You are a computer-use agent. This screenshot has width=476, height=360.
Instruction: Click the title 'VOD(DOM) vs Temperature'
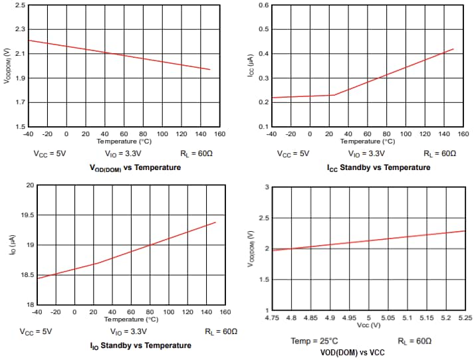pos(135,167)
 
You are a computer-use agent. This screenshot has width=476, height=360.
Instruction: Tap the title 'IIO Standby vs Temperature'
pos(140,345)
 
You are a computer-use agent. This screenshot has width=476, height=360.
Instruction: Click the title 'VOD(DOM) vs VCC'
pos(352,352)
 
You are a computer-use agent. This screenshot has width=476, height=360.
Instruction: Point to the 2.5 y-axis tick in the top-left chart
pos(20,5)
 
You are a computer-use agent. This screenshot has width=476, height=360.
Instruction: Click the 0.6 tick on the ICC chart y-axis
pos(263,5)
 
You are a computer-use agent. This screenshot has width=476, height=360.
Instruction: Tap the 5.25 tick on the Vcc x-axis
pos(465,318)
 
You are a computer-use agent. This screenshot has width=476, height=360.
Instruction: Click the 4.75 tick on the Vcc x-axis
pos(273,318)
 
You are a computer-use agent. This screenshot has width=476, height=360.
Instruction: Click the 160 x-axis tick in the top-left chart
pos(220,134)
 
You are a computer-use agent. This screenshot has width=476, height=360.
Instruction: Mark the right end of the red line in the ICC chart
pos(453,49)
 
